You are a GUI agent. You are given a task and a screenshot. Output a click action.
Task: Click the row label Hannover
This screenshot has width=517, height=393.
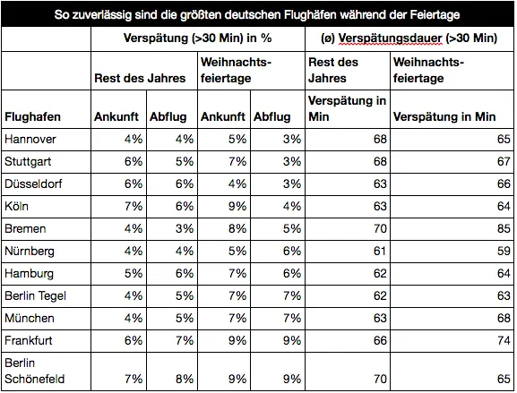(x=30, y=140)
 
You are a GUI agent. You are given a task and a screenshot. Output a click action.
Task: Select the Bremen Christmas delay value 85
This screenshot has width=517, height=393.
(x=504, y=228)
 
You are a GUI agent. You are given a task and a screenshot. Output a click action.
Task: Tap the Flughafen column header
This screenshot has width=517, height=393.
(x=32, y=117)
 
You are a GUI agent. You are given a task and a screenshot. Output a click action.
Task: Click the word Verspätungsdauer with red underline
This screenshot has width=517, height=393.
(x=390, y=38)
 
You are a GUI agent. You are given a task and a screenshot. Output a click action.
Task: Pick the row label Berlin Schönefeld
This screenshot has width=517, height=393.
(x=35, y=371)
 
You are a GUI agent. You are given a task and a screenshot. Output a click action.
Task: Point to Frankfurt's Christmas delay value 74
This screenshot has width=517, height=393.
(x=504, y=340)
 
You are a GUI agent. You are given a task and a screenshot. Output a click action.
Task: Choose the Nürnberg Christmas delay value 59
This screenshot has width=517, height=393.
(x=504, y=251)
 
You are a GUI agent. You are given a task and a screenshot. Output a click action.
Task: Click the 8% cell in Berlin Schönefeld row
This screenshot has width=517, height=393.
(x=185, y=380)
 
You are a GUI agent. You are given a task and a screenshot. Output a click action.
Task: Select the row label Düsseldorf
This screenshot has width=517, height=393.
(x=33, y=184)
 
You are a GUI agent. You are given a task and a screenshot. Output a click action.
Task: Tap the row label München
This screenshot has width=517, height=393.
(x=30, y=318)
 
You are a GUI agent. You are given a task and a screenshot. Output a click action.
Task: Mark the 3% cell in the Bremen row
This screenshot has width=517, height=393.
(x=185, y=228)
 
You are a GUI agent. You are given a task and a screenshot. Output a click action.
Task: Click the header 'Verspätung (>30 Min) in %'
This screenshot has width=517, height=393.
(x=197, y=38)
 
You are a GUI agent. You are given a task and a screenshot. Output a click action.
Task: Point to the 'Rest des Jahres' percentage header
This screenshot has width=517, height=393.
(x=140, y=79)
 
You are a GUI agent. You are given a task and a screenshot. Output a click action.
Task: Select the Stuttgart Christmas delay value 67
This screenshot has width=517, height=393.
(x=504, y=161)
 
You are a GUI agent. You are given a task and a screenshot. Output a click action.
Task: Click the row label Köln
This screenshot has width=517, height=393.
(x=16, y=206)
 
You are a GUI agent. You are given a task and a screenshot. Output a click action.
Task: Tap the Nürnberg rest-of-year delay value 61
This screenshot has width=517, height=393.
(x=380, y=251)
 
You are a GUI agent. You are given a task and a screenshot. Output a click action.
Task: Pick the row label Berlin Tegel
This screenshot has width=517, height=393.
(x=35, y=295)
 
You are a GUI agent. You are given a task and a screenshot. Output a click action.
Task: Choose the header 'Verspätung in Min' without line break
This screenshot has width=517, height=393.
(x=444, y=117)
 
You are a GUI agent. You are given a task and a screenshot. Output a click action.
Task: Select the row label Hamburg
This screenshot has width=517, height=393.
(x=29, y=274)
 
